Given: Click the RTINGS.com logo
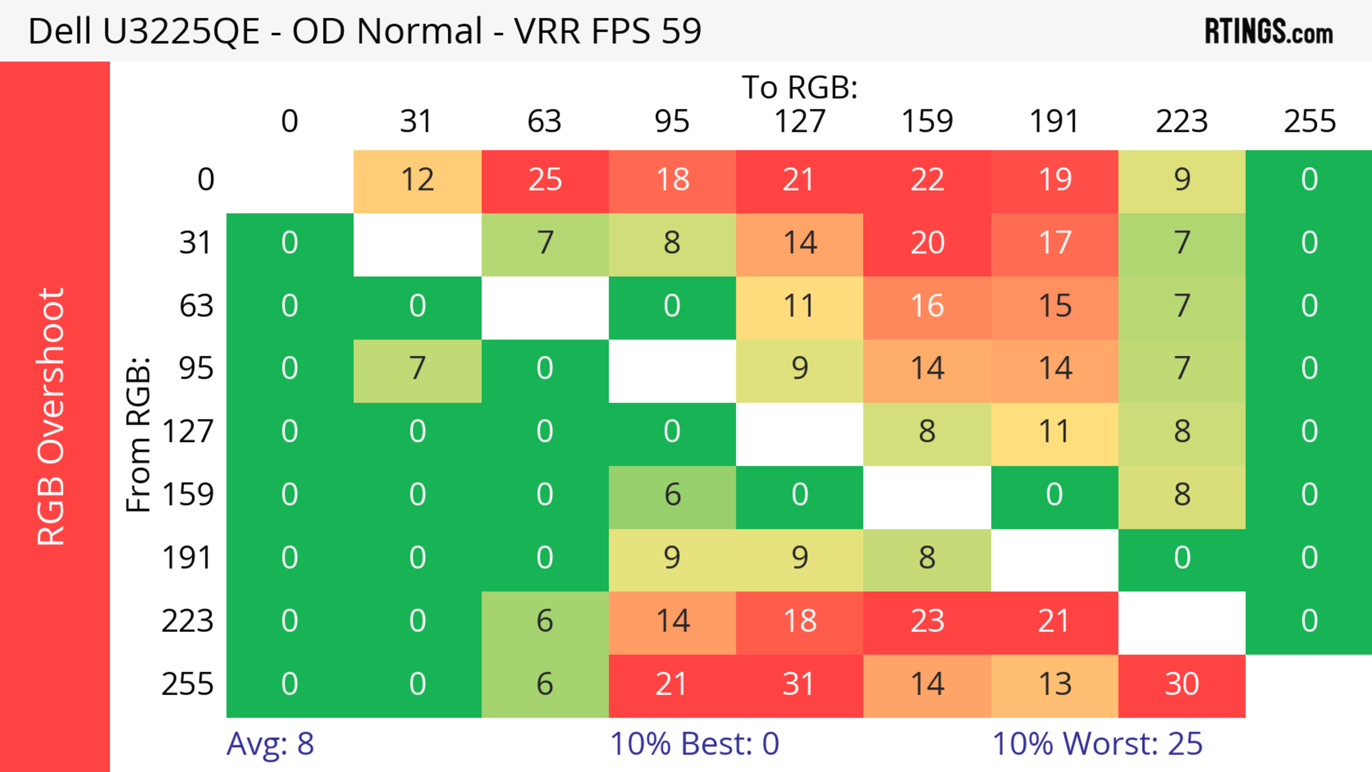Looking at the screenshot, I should tap(1269, 31).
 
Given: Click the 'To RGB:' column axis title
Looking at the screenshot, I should tap(800, 87).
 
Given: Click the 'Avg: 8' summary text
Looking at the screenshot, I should tap(270, 744).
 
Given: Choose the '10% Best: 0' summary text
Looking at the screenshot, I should tap(694, 744).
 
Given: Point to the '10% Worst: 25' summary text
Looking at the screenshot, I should tap(1097, 744).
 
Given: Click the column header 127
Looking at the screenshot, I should tap(800, 121).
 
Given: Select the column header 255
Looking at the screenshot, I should tap(1309, 121).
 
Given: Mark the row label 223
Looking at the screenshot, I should tap(188, 621).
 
